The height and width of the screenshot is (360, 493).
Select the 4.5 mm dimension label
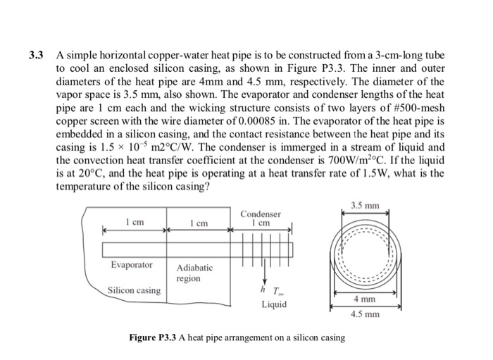click(x=364, y=314)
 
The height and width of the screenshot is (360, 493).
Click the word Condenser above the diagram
click(x=261, y=213)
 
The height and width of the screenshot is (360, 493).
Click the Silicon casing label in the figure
click(x=134, y=290)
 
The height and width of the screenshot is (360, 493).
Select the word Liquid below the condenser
click(x=274, y=305)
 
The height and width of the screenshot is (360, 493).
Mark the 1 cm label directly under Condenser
click(x=261, y=223)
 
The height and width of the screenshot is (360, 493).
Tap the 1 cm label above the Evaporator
click(x=134, y=222)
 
